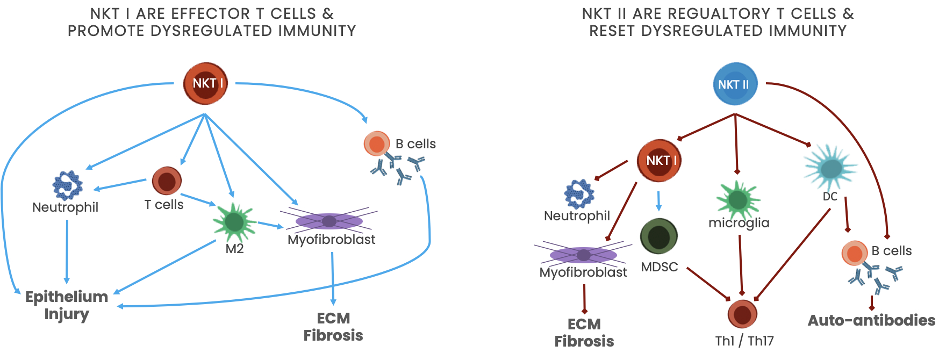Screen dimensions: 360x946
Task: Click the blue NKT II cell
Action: pos(734,84)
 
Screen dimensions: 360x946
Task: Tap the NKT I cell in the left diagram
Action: pos(206,83)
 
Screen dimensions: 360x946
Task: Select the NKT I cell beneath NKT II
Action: pos(659,160)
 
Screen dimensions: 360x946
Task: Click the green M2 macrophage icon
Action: pos(234,222)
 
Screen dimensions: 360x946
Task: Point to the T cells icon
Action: pos(167,181)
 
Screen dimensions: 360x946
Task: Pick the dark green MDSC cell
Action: pos(659,236)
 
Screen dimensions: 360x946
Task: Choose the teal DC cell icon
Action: pos(830,168)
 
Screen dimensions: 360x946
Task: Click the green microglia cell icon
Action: pos(738,200)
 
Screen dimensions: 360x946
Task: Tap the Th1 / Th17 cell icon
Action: pos(742,314)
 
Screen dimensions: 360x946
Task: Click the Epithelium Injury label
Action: pos(67,305)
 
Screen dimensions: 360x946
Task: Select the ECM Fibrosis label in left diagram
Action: pos(333,327)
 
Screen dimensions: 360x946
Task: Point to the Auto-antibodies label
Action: pos(871,320)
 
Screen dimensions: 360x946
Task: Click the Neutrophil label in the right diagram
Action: pos(577,216)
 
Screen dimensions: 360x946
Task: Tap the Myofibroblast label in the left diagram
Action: pos(331,240)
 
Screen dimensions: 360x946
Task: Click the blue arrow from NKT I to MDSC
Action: pos(658,200)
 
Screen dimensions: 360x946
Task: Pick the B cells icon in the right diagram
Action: pos(855,253)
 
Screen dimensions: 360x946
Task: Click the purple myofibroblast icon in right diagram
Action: pos(583,255)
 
